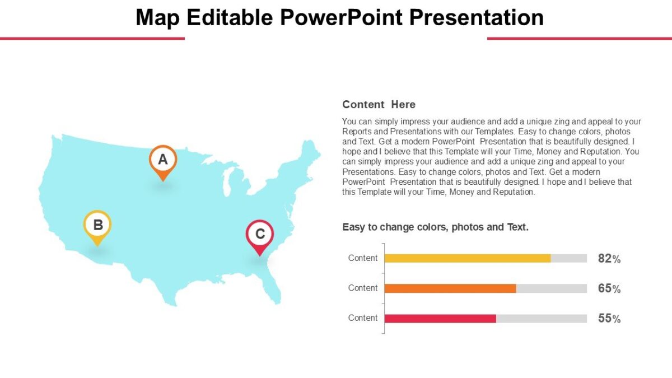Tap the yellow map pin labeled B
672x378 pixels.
pyautogui.click(x=97, y=226)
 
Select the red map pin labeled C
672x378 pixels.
pyautogui.click(x=260, y=235)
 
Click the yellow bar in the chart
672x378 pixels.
pyautogui.click(x=467, y=258)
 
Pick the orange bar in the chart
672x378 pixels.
pyautogui.click(x=450, y=288)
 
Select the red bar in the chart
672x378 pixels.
pyautogui.click(x=440, y=319)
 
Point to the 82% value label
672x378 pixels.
pyautogui.click(x=609, y=259)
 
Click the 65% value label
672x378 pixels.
pyautogui.click(x=609, y=289)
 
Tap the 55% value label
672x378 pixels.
pyautogui.click(x=609, y=319)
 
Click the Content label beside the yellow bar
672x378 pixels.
pyautogui.click(x=363, y=258)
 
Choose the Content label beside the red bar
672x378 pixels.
pyautogui.click(x=363, y=318)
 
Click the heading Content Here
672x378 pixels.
pyautogui.click(x=379, y=105)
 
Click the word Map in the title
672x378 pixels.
pyautogui.click(x=157, y=17)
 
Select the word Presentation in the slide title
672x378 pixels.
pyautogui.click(x=476, y=17)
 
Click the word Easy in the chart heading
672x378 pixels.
pyautogui.click(x=353, y=227)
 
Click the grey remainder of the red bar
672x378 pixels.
pyautogui.click(x=541, y=319)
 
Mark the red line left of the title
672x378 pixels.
pyautogui.click(x=92, y=38)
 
